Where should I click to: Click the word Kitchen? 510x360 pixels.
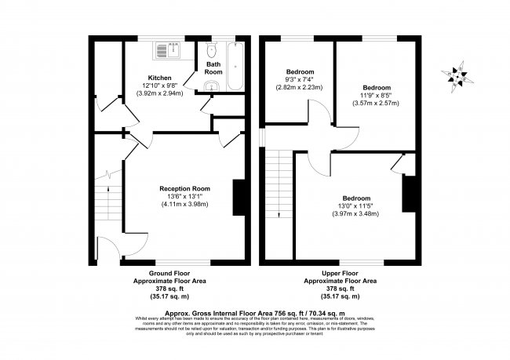[159, 78]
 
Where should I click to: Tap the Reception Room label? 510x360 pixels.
[184, 188]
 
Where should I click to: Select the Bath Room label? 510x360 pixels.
[213, 68]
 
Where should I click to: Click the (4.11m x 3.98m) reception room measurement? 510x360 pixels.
[184, 204]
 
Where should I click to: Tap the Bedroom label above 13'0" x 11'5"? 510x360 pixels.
[355, 198]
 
